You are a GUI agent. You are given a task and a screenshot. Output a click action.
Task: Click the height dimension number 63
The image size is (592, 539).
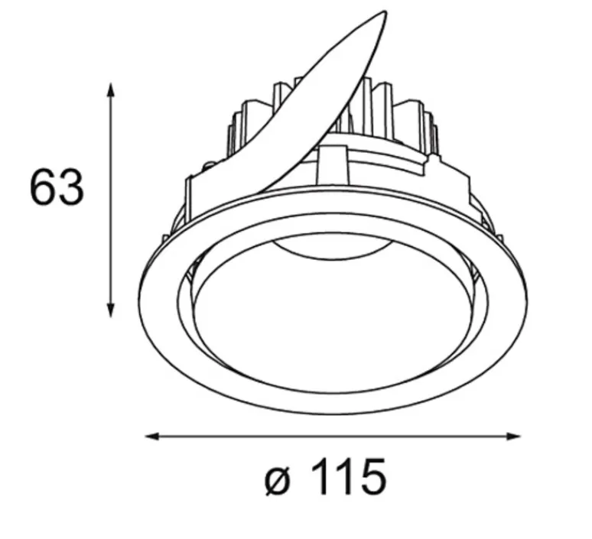click(56, 187)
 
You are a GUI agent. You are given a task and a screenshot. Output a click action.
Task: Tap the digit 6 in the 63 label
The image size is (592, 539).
click(43, 187)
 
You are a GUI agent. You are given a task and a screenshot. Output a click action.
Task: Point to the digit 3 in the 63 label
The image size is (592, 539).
click(70, 187)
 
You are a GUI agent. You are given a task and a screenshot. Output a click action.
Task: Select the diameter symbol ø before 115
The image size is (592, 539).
click(278, 479)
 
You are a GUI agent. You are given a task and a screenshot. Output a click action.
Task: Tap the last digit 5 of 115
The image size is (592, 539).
click(371, 479)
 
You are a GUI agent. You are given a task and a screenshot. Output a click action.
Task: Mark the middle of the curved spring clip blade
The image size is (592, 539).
click(306, 107)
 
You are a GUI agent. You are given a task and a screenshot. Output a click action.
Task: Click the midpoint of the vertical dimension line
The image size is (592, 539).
click(112, 199)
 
